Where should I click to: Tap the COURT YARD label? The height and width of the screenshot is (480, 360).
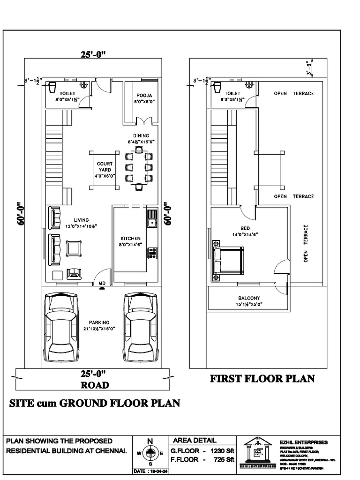[104, 166]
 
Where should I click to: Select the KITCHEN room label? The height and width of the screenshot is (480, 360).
[130, 238]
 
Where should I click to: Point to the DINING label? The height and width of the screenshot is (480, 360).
[141, 135]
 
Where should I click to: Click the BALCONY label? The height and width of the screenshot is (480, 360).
[249, 298]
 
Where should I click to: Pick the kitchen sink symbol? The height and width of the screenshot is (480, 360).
[151, 219]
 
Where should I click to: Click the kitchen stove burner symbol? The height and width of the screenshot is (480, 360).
[152, 253]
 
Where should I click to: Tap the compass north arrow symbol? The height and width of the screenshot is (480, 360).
[150, 453]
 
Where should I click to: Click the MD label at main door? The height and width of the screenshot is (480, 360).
[102, 283]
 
